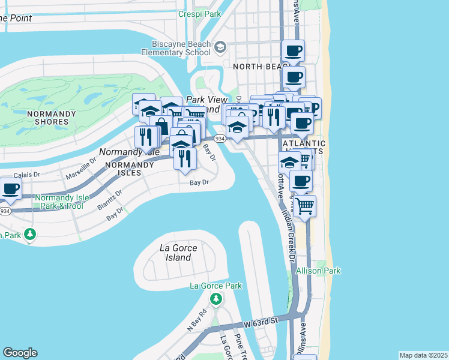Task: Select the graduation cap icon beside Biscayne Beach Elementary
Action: point(220,47)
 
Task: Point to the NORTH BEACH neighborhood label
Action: point(256,67)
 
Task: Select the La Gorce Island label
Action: point(176,253)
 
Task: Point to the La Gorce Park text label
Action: point(215,285)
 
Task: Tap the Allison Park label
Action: point(318,271)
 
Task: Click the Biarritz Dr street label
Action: point(109,199)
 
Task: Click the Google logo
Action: point(20,353)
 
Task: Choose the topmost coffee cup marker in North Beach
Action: point(293,51)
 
